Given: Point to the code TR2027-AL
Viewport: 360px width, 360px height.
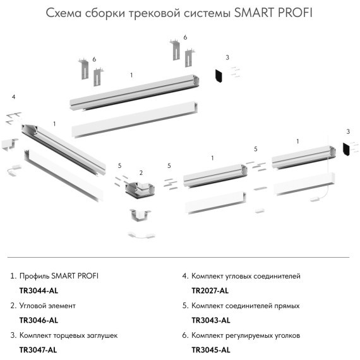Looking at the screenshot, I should pos(210,291).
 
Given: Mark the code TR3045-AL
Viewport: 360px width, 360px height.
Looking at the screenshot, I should pos(210,349).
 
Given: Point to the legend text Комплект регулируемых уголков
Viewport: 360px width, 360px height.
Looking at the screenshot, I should pos(246,335).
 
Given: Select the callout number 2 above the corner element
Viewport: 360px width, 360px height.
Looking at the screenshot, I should pos(141,173).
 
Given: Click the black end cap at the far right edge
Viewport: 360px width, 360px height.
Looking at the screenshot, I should pos(346,150).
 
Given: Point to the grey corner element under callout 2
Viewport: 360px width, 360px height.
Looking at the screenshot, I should pos(138,188).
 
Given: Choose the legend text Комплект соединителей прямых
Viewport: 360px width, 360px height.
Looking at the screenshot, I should pos(245,306).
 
